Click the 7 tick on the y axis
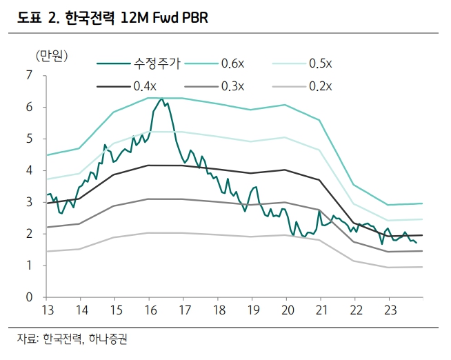tap(30, 75)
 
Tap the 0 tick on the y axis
tap(30, 297)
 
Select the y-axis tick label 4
tap(30, 170)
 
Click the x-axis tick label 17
tap(184, 310)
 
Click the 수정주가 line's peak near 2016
tap(161, 99)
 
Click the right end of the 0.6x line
tap(422, 203)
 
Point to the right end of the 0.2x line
tap(422, 267)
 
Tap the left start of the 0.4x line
tap(46, 203)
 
